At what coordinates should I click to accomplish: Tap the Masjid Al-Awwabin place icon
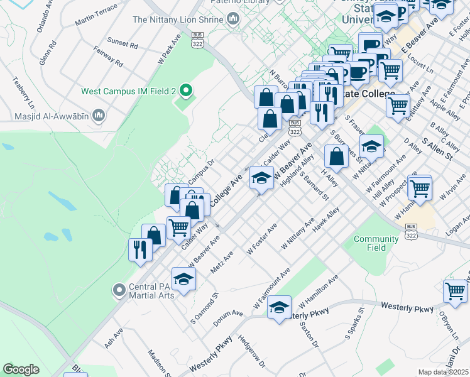point(98,116)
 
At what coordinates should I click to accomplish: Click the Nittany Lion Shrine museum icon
point(234,19)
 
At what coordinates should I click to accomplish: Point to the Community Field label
point(376,243)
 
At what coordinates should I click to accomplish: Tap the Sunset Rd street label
point(122,43)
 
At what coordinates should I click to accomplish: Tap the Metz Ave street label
point(222,262)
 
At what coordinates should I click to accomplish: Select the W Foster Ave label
point(262,239)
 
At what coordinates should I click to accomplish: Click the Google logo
point(21,369)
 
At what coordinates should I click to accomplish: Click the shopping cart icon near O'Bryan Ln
point(455,291)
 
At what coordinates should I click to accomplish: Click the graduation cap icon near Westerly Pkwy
point(279,307)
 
